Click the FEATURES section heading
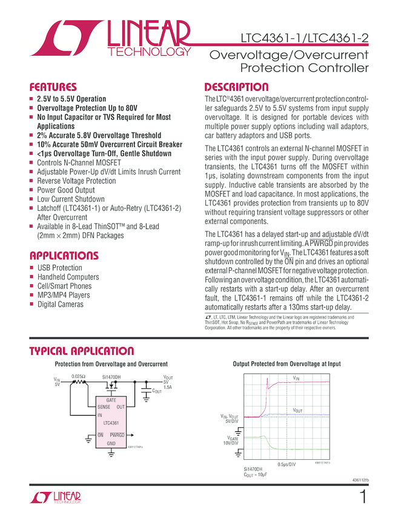click(53, 87)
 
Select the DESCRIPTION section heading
click(236, 87)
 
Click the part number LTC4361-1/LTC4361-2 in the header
click(303, 38)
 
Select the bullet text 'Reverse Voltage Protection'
click(76, 181)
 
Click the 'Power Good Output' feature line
click(66, 190)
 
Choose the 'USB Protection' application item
click(59, 268)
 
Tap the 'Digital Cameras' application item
click(60, 304)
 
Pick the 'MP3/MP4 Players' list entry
click(64, 295)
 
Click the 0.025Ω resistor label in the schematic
click(78, 376)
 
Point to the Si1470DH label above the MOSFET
click(111, 376)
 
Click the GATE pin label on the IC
click(111, 401)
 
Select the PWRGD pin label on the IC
click(118, 435)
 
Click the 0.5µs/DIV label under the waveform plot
click(287, 464)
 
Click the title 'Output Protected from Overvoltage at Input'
click(287, 364)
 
